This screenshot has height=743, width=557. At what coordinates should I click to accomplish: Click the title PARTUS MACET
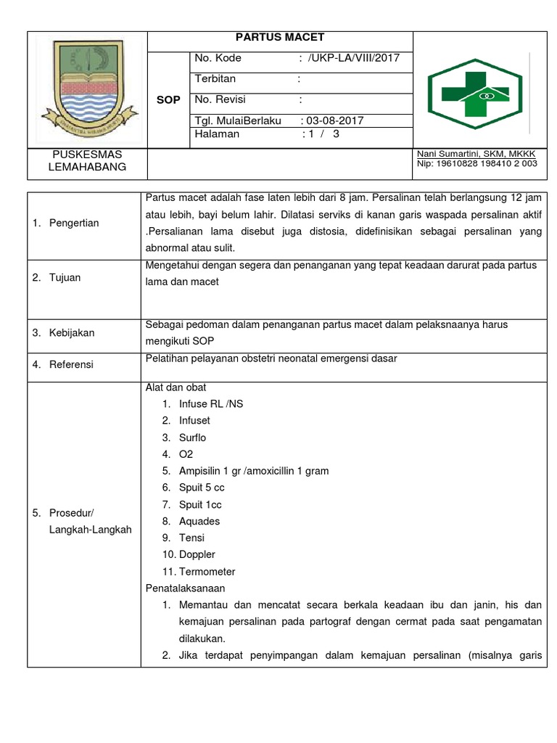click(x=280, y=38)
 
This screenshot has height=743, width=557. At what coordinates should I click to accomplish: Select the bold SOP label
click(x=168, y=100)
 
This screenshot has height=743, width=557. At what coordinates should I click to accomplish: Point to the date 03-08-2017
click(x=334, y=120)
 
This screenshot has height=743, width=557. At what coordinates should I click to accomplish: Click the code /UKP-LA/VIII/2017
click(x=353, y=58)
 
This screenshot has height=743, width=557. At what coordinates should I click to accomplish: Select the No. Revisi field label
click(x=222, y=99)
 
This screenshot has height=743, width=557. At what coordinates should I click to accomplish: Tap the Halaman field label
click(x=218, y=134)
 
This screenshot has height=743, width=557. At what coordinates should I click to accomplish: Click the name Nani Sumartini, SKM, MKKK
click(x=476, y=155)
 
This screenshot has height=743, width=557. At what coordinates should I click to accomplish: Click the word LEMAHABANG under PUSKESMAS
click(x=87, y=167)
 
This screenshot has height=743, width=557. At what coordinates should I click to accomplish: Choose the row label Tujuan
click(x=65, y=278)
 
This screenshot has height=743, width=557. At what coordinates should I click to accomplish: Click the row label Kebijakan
click(x=71, y=332)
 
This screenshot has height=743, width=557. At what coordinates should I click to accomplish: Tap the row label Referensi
click(x=71, y=364)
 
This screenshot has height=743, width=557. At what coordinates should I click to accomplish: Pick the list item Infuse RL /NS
click(x=211, y=404)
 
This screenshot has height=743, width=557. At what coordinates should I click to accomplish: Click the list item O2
click(x=186, y=454)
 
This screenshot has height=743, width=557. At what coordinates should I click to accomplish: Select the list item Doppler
click(x=197, y=554)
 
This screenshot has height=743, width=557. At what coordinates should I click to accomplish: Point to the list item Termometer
click(x=207, y=571)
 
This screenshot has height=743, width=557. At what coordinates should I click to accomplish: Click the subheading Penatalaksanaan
click(x=186, y=588)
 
